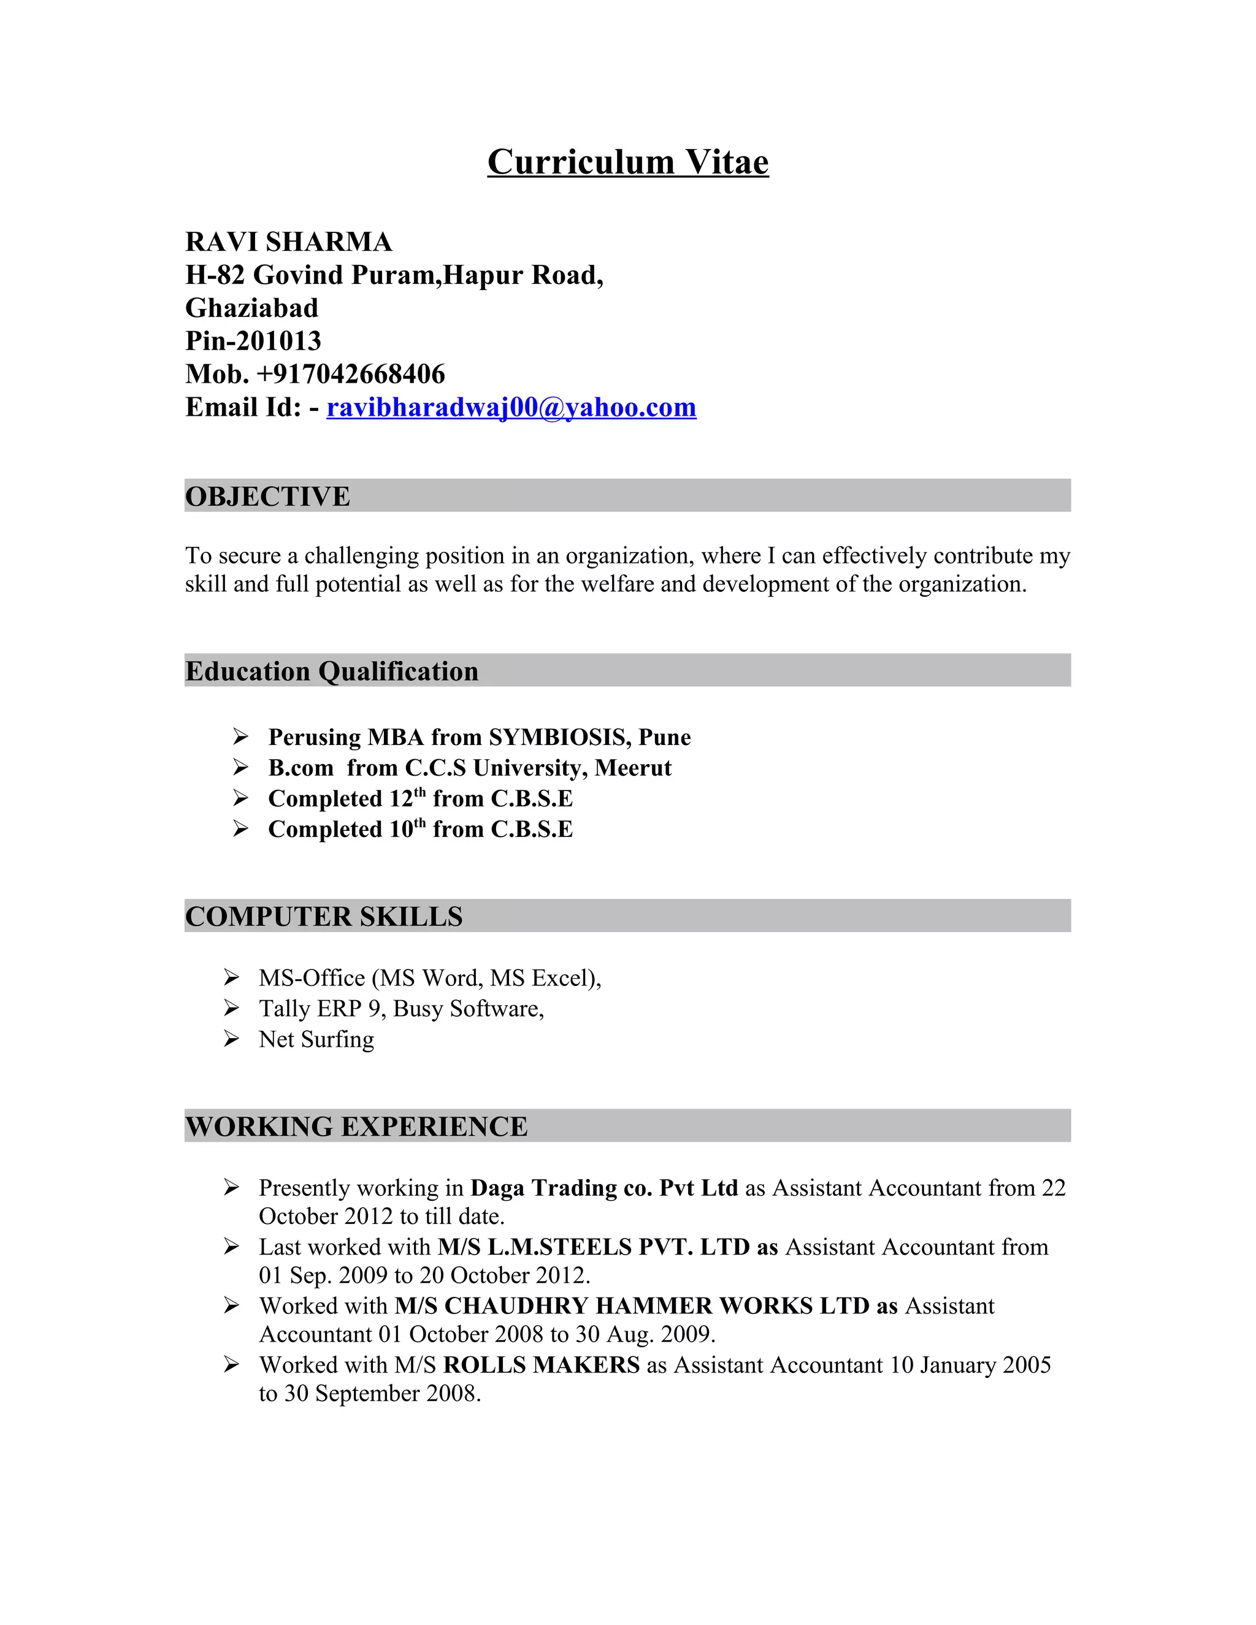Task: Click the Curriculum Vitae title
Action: coord(627,162)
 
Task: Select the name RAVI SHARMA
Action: coord(289,242)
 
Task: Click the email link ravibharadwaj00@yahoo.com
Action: coord(511,407)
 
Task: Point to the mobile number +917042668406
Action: coord(350,373)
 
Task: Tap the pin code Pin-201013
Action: coord(253,341)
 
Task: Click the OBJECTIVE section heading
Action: coord(267,496)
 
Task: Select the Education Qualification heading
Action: coord(331,671)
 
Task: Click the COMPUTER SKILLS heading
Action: coord(324,916)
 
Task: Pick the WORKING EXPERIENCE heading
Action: coord(356,1126)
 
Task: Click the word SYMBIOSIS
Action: coord(559,736)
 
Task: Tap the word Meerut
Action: coord(632,767)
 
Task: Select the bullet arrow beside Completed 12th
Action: coord(240,798)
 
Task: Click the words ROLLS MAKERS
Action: coord(541,1364)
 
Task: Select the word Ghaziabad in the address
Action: coord(251,307)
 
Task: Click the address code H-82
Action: coord(215,275)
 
